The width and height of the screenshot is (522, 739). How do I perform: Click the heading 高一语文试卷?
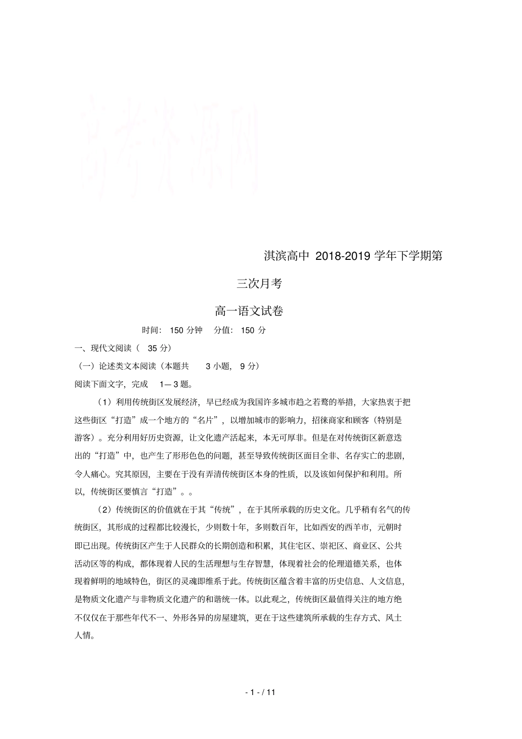249,311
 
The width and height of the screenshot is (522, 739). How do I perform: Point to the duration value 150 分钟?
186,330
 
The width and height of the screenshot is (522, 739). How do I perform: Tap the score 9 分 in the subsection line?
247,366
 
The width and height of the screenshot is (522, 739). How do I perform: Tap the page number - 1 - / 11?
260,692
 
